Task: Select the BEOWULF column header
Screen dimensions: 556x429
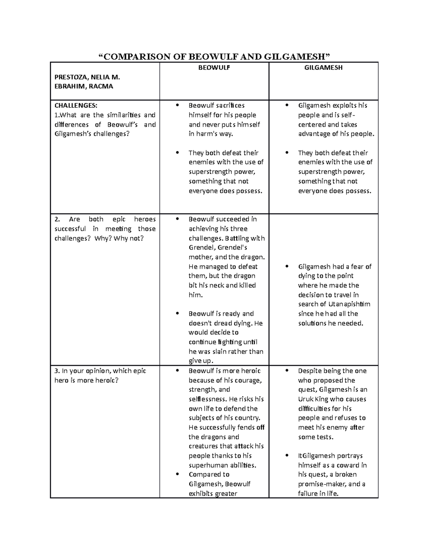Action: point(214,68)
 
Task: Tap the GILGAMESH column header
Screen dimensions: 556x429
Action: point(323,68)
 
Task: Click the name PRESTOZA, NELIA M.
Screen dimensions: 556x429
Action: point(87,77)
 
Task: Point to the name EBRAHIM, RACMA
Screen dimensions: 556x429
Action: point(84,86)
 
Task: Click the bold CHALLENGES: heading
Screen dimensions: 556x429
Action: point(75,105)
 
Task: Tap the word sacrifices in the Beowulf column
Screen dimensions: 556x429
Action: point(230,105)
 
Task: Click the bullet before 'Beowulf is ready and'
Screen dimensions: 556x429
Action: point(178,314)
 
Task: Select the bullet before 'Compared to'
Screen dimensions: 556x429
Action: point(178,475)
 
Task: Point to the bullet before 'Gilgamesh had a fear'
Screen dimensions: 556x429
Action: point(287,267)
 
